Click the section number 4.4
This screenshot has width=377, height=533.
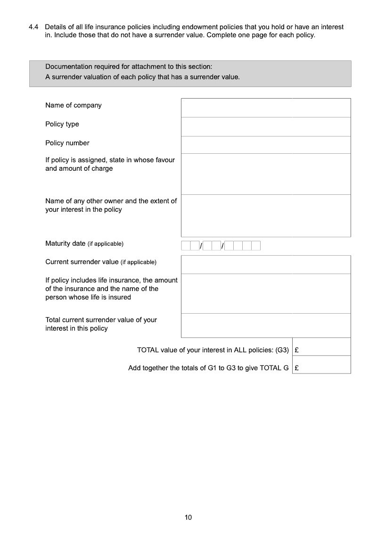pyautogui.click(x=33, y=27)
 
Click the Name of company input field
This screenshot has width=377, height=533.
pyautogui.click(x=266, y=108)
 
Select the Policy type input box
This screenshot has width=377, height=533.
pyautogui.click(x=266, y=126)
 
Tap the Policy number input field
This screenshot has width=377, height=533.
pyautogui.click(x=266, y=145)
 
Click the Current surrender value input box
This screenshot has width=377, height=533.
pyautogui.click(x=266, y=264)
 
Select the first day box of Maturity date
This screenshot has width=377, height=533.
pyautogui.click(x=186, y=246)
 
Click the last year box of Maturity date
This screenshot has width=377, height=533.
pyautogui.click(x=256, y=246)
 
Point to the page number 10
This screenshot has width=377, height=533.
pyautogui.click(x=188, y=517)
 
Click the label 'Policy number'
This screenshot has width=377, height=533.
pyautogui.click(x=67, y=143)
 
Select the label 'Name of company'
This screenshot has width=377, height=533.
pyautogui.click(x=74, y=105)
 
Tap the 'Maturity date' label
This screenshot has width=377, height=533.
pyautogui.click(x=66, y=243)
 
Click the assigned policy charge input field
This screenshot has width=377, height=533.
pyautogui.click(x=266, y=174)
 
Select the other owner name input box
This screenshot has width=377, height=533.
pyautogui.click(x=266, y=215)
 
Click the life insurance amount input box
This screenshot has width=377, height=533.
pyautogui.click(x=266, y=293)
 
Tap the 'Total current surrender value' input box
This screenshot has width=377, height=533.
pyautogui.click(x=266, y=325)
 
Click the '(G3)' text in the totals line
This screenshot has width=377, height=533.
pyautogui.click(x=282, y=350)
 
